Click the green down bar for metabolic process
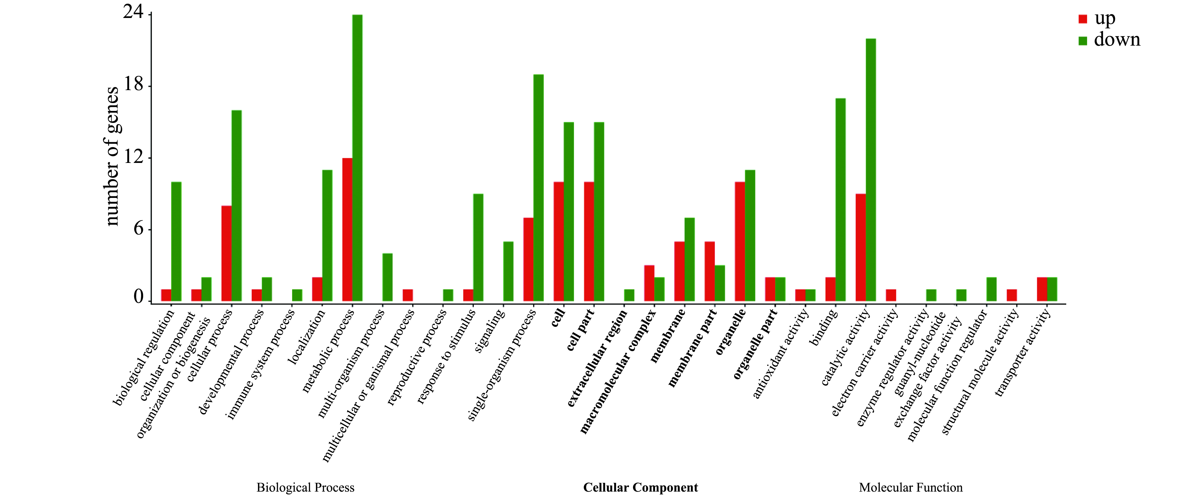357,158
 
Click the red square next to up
1083,19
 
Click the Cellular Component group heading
640,487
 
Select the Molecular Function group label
910,487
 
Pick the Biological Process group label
305,487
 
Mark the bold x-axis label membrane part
692,348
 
